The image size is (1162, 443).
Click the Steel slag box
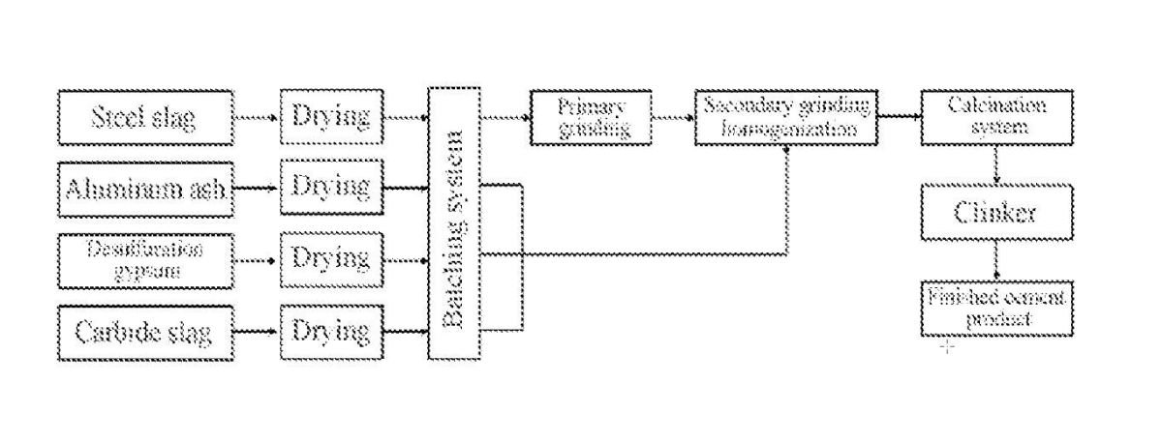click(x=145, y=117)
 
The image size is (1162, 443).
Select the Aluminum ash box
click(x=145, y=188)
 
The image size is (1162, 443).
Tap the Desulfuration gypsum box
click(x=145, y=258)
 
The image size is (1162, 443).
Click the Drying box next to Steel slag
click(x=331, y=117)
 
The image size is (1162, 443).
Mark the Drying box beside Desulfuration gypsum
click(x=331, y=258)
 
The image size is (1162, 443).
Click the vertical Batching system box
click(x=453, y=223)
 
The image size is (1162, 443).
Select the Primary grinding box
click(x=592, y=117)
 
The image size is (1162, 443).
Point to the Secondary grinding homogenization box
click(x=785, y=117)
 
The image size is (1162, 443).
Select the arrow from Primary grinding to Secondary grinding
click(x=673, y=118)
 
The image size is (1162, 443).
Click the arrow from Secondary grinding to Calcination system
click(x=898, y=118)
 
